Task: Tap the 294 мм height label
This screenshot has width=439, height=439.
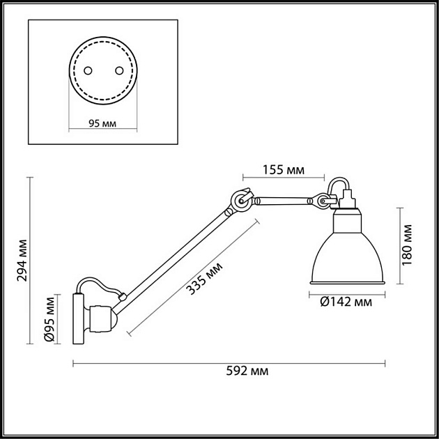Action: click(24, 259)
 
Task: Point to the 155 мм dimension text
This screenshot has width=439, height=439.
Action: click(284, 169)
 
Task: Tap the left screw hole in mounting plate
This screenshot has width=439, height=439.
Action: click(88, 70)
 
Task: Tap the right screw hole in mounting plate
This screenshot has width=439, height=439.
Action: click(118, 70)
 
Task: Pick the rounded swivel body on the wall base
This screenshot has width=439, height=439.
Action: click(102, 319)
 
